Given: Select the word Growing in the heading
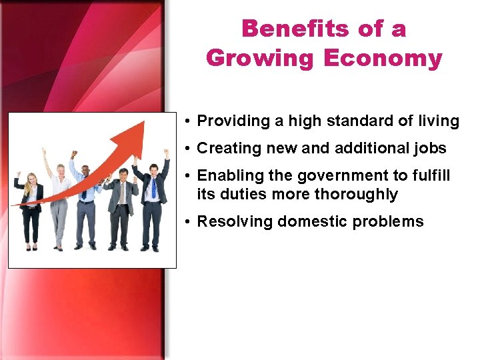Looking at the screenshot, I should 261,58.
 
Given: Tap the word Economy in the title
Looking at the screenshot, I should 383,58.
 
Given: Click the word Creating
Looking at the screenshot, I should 227,148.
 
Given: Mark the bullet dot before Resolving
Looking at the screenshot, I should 189,222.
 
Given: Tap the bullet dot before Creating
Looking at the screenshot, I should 189,148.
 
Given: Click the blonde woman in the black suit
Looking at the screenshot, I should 30,207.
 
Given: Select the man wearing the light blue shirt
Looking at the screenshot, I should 85,200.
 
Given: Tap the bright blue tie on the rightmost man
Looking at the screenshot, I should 153,188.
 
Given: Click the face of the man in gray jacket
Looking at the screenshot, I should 122,175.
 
